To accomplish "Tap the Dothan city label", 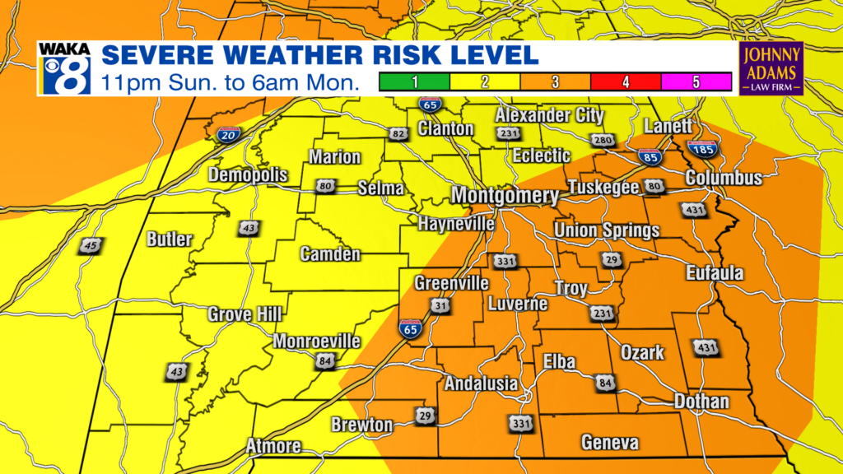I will point(701,402).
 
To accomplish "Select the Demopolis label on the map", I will point(248,175).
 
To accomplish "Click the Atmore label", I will point(273,447).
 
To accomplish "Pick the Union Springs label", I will point(606,230).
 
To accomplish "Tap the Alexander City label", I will point(549,115).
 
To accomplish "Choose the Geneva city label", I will point(609,443).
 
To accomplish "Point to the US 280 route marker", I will point(603,141).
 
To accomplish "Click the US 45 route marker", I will point(92,245).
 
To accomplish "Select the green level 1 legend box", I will point(414,81).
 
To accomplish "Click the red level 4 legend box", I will point(626,81).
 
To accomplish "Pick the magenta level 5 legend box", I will point(696,81).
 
